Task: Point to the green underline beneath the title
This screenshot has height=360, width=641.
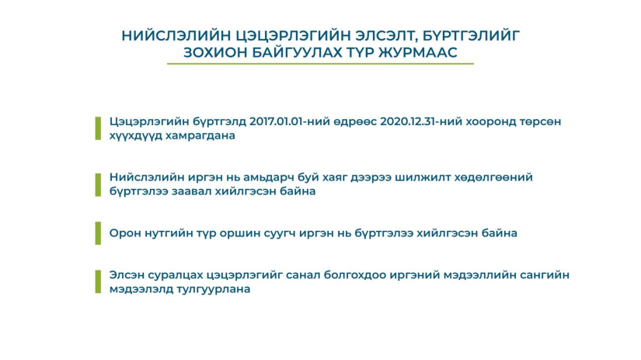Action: (320, 64)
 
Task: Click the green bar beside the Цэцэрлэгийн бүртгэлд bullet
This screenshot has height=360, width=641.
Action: (98, 128)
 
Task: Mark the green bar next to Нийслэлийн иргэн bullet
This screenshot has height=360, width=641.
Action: (98, 185)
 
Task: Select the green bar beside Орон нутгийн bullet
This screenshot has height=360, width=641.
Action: (98, 233)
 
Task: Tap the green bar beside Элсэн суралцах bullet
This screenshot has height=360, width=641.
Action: (98, 281)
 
